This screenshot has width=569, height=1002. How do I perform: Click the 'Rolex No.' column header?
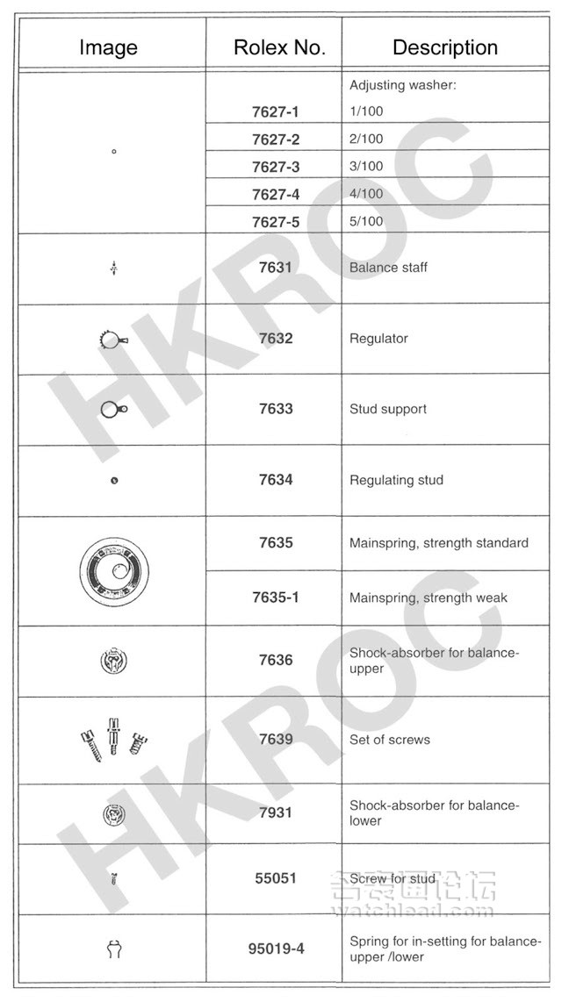point(279,47)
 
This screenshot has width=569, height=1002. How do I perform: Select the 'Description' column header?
point(444,47)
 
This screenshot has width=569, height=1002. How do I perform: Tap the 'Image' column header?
point(108,47)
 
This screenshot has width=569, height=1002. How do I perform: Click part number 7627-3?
point(275,167)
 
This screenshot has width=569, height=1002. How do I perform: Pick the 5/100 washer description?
point(366,221)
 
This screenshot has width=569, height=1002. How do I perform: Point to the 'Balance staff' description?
point(388,267)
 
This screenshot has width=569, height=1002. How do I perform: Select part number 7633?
point(275,409)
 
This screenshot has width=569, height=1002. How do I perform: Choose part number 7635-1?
point(275,598)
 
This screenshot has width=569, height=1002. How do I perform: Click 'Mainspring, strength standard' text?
point(438,543)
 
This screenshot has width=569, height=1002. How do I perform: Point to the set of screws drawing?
point(113,738)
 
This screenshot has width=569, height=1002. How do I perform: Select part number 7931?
point(275,812)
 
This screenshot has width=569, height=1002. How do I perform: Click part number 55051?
point(275,877)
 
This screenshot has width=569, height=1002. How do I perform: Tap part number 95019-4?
point(275,948)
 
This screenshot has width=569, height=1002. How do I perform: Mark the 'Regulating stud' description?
point(396,480)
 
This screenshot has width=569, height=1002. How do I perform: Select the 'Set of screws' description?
point(389,740)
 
